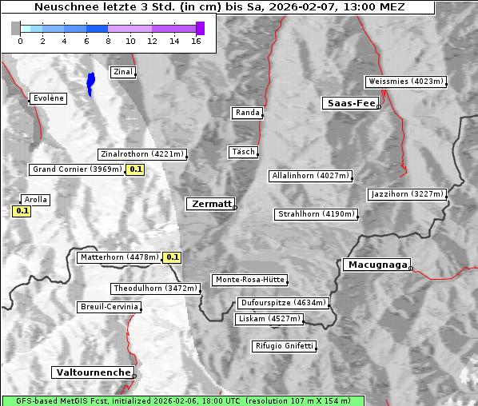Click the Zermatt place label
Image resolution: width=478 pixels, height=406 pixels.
pyautogui.click(x=210, y=204)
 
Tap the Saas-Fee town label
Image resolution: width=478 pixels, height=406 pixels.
pyautogui.click(x=350, y=103)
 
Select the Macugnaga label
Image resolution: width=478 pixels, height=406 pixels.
pyautogui.click(x=376, y=265)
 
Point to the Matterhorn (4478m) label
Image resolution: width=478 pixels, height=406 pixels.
pyautogui.click(x=118, y=257)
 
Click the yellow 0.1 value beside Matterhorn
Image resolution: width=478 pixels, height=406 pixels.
pyautogui.click(x=172, y=257)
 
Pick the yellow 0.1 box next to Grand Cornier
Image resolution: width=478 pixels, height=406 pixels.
pyautogui.click(x=135, y=169)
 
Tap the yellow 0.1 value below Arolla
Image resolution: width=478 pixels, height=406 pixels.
pyautogui.click(x=22, y=211)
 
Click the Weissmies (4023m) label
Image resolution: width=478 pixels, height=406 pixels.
pyautogui.click(x=405, y=82)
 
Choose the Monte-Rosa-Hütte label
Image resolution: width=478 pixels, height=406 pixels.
pyautogui.click(x=249, y=280)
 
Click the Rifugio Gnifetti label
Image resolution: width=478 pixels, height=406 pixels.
pyautogui.click(x=284, y=346)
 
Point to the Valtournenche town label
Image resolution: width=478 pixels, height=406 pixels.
pyautogui.click(x=93, y=372)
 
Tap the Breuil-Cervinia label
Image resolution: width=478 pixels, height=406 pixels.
pyautogui.click(x=109, y=307)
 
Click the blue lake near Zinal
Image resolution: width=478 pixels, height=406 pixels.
pyautogui.click(x=90, y=82)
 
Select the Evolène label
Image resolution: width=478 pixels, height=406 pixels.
pyautogui.click(x=47, y=98)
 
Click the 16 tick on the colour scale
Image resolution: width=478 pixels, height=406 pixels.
pyautogui.click(x=196, y=41)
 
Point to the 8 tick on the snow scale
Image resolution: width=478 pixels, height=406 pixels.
pyautogui.click(x=108, y=41)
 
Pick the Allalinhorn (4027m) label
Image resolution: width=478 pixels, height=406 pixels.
pyautogui.click(x=310, y=175)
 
